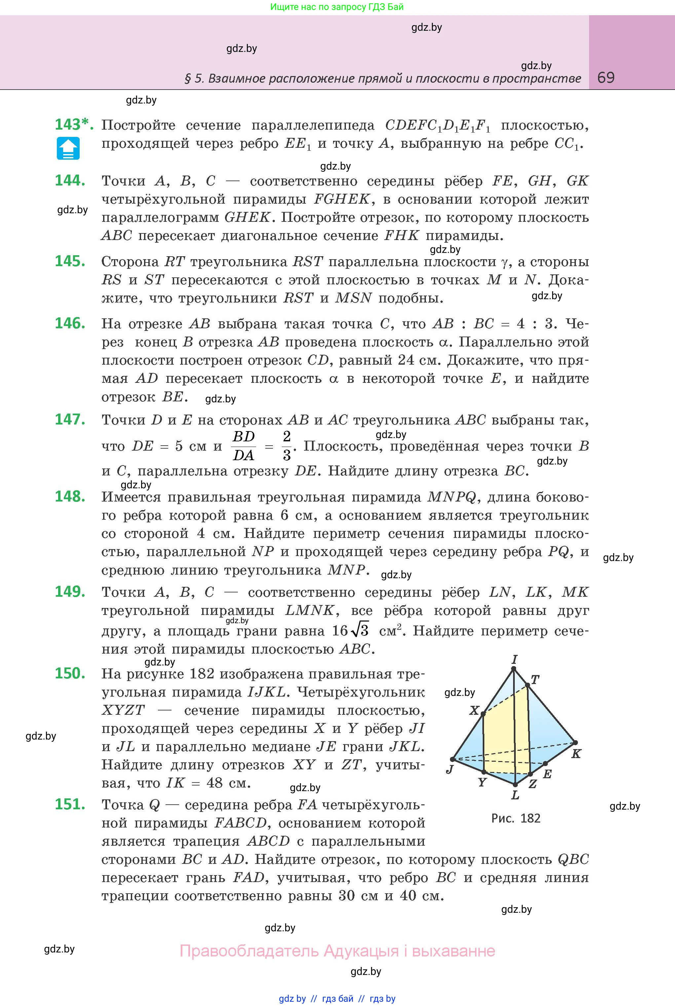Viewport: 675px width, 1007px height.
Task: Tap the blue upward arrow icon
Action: click(x=68, y=148)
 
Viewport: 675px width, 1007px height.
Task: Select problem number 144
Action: click(x=70, y=181)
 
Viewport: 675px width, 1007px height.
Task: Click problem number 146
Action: click(x=70, y=323)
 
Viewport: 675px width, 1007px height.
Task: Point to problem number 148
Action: click(x=70, y=497)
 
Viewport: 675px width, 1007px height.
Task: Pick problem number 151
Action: click(x=70, y=804)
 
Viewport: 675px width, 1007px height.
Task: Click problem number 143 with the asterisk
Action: click(x=74, y=125)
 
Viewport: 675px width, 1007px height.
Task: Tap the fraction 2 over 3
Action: click(x=287, y=446)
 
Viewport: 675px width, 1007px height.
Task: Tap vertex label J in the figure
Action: click(x=450, y=769)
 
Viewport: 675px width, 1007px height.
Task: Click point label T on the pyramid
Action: click(x=535, y=680)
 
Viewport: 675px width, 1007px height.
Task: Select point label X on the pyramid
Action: click(x=474, y=710)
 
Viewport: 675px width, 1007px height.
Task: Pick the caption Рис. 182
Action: click(x=516, y=818)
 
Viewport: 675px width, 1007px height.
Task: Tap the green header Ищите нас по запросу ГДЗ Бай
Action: click(x=337, y=7)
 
